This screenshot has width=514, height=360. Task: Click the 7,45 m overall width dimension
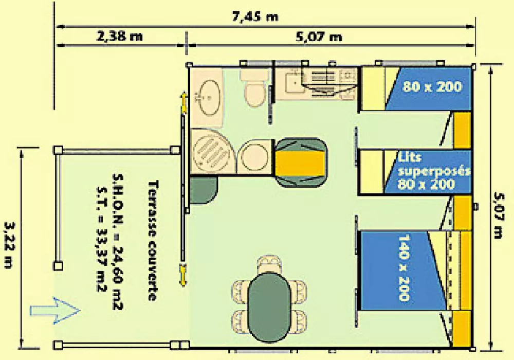coord(255,16)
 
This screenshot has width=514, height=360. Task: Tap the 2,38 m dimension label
coord(120,36)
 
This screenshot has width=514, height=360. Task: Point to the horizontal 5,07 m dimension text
coord(319,37)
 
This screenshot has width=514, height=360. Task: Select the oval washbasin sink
coord(209,97)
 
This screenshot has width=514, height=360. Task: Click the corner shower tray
coord(212,151)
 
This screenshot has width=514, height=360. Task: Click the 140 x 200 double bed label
coord(404,267)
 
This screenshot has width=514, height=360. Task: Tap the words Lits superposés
coord(433,164)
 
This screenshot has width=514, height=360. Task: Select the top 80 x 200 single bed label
coord(432,86)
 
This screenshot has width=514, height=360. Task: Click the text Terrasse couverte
coord(153,240)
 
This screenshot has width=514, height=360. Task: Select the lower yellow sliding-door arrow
coord(183,275)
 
